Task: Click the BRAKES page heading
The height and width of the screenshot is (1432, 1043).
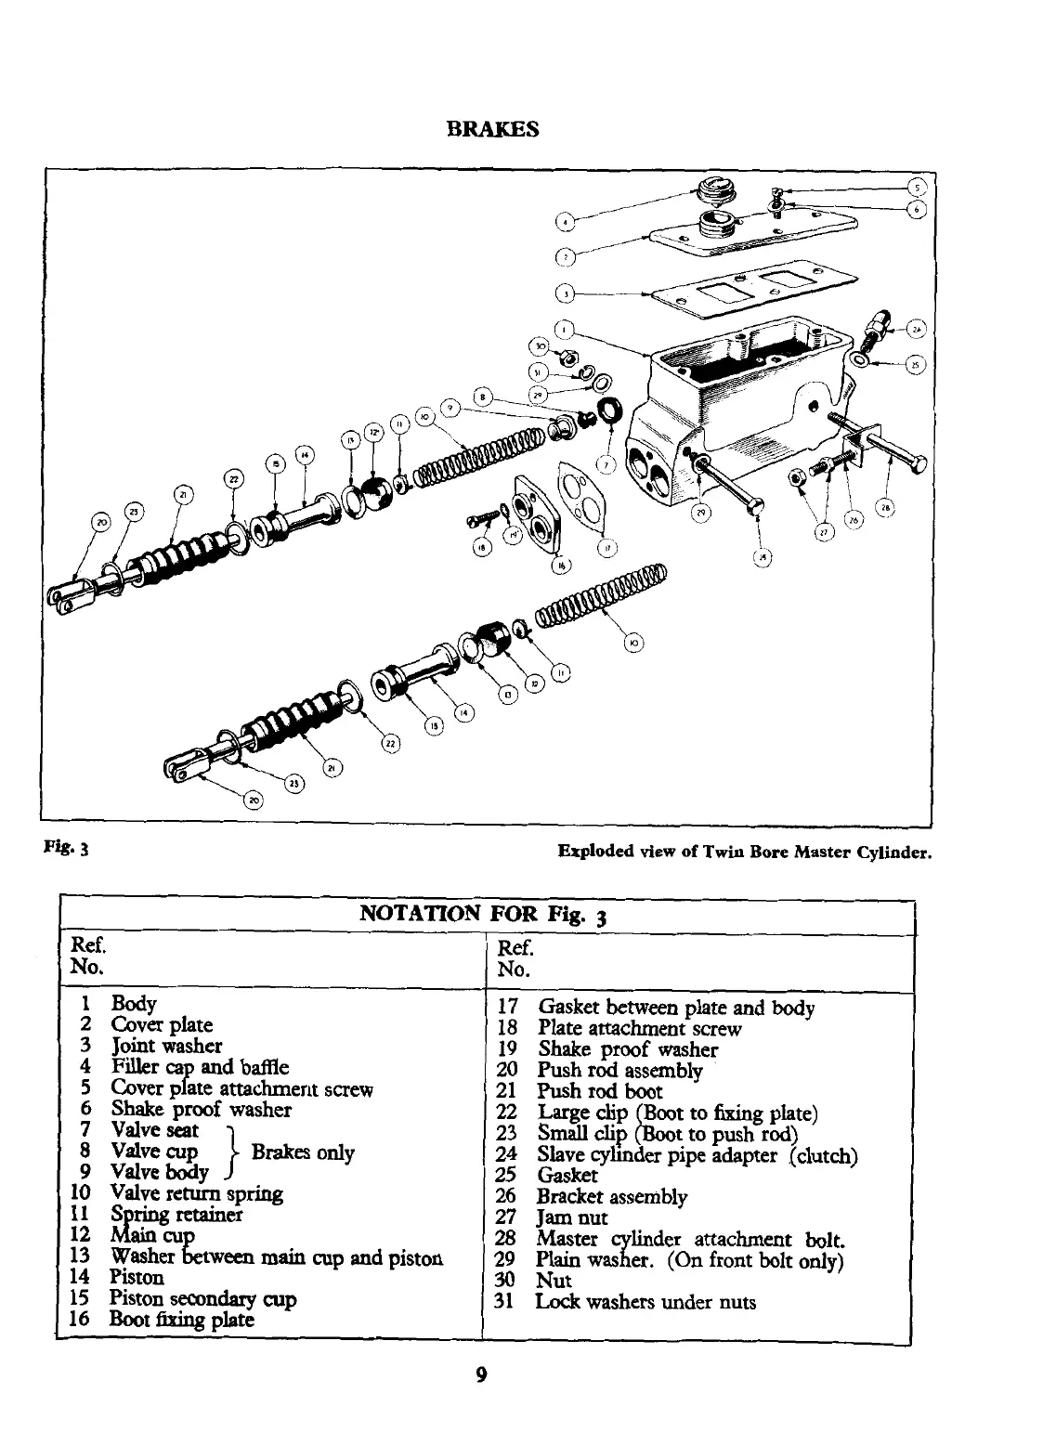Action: [x=492, y=130]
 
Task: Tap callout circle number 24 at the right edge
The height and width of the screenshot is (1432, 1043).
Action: [x=917, y=330]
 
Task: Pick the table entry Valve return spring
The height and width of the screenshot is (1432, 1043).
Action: [x=197, y=1192]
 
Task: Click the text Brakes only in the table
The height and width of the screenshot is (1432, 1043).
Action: [x=303, y=1152]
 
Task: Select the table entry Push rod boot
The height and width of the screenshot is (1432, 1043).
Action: [x=600, y=1091]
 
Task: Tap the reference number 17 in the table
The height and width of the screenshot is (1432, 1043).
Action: [x=507, y=1008]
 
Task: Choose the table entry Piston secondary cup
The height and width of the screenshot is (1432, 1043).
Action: [x=202, y=1298]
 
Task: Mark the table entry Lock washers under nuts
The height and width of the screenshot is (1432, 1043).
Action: [x=645, y=1301]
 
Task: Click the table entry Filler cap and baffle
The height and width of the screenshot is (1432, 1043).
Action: [x=200, y=1067]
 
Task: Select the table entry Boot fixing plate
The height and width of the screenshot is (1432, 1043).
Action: [x=181, y=1319]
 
